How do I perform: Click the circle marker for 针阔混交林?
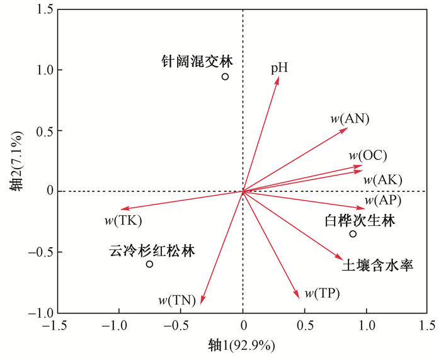click(x=225, y=77)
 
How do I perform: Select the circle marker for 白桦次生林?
click(x=353, y=234)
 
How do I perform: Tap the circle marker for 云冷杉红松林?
click(x=149, y=264)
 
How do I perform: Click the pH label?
click(x=279, y=67)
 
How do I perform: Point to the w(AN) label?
click(x=350, y=118)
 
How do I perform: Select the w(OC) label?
click(x=368, y=155)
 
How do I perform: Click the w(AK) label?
click(x=382, y=179)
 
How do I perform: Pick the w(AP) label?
click(x=382, y=201)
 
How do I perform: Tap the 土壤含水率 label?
click(x=377, y=266)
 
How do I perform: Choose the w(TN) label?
click(x=177, y=300)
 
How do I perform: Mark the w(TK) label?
click(x=123, y=220)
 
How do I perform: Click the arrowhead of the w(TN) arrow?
click(x=202, y=303)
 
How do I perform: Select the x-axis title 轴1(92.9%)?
click(x=243, y=346)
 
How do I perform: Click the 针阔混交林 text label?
click(x=196, y=62)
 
